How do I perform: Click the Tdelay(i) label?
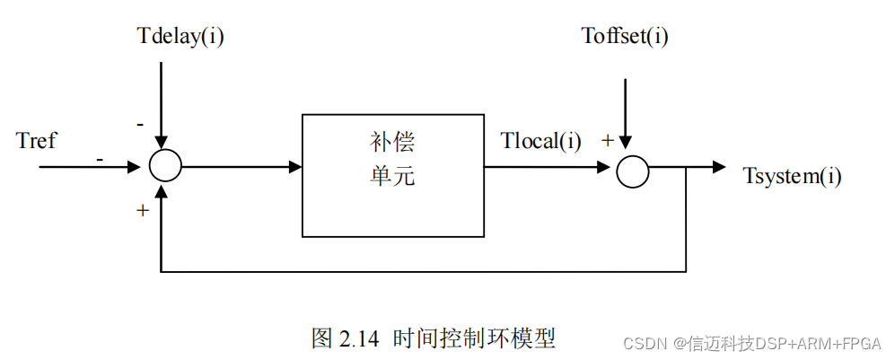[180, 37]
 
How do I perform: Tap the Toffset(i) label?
[625, 37]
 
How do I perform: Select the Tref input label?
[36, 141]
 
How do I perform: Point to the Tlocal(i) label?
[541, 142]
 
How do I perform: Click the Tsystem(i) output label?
[793, 175]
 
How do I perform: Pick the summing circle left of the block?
[165, 165]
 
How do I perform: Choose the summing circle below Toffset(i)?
[632, 171]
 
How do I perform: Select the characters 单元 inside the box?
[393, 176]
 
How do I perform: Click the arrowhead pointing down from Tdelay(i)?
[160, 141]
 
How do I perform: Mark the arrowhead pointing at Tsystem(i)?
[718, 166]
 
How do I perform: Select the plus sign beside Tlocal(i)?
[607, 140]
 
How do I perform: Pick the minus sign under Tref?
[99, 159]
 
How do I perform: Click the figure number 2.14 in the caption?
[358, 338]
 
